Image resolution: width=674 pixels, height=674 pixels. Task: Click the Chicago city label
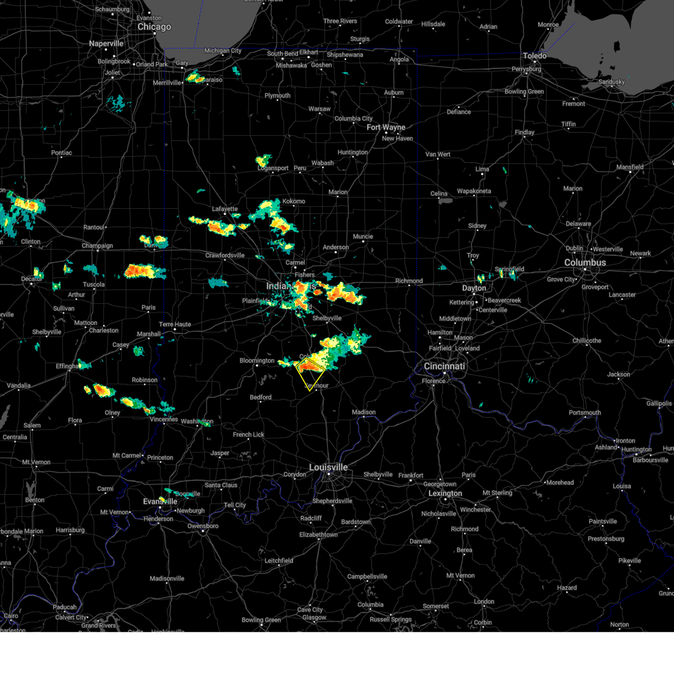tap(154, 27)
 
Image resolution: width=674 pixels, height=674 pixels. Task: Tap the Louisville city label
tap(329, 467)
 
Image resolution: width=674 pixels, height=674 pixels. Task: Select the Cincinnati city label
tap(444, 366)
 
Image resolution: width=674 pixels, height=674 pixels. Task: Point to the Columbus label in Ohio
tap(585, 263)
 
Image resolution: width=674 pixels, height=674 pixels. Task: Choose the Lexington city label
tap(445, 494)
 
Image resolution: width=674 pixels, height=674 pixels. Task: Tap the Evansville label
tap(160, 502)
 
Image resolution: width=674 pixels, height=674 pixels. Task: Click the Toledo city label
tap(534, 56)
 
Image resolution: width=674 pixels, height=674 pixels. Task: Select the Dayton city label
tap(474, 288)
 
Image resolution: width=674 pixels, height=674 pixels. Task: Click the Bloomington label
tap(257, 361)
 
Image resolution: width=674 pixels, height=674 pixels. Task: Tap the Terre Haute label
tap(175, 325)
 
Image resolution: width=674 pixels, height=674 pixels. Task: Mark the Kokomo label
tap(294, 201)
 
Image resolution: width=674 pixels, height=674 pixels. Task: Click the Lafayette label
tap(225, 209)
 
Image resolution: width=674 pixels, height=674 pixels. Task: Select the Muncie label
tap(363, 236)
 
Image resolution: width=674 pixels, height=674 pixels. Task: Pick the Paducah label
tap(65, 607)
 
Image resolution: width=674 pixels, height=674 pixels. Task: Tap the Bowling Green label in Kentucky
tap(261, 620)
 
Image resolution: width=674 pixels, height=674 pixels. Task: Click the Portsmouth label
tap(585, 413)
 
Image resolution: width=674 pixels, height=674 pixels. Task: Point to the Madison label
tap(363, 412)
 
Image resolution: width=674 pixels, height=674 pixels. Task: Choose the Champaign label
tap(97, 246)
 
